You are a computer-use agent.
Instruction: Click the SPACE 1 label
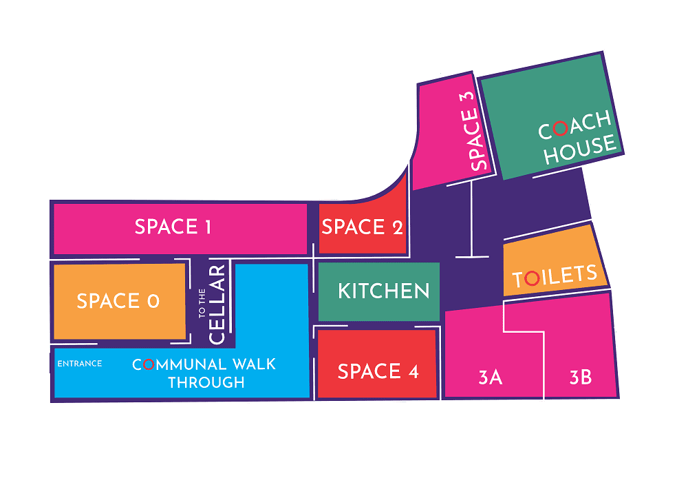[x=173, y=227]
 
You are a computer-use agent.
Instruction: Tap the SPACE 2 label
[x=362, y=227]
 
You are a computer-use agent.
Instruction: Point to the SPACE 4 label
[x=378, y=372]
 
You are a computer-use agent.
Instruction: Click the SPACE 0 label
[x=118, y=301]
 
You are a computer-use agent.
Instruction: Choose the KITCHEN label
[x=384, y=291]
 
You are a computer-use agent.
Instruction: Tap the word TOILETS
[x=555, y=276]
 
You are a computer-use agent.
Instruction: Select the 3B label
[x=581, y=377]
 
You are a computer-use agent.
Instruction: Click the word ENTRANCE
[x=80, y=364]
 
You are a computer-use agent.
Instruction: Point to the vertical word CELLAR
[x=217, y=304]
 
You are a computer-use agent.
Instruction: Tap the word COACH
[x=574, y=125]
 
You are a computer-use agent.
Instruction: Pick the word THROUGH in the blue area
[x=206, y=382]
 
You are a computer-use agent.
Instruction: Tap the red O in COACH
[x=561, y=128]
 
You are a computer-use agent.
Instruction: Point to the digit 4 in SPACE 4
[x=413, y=372]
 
